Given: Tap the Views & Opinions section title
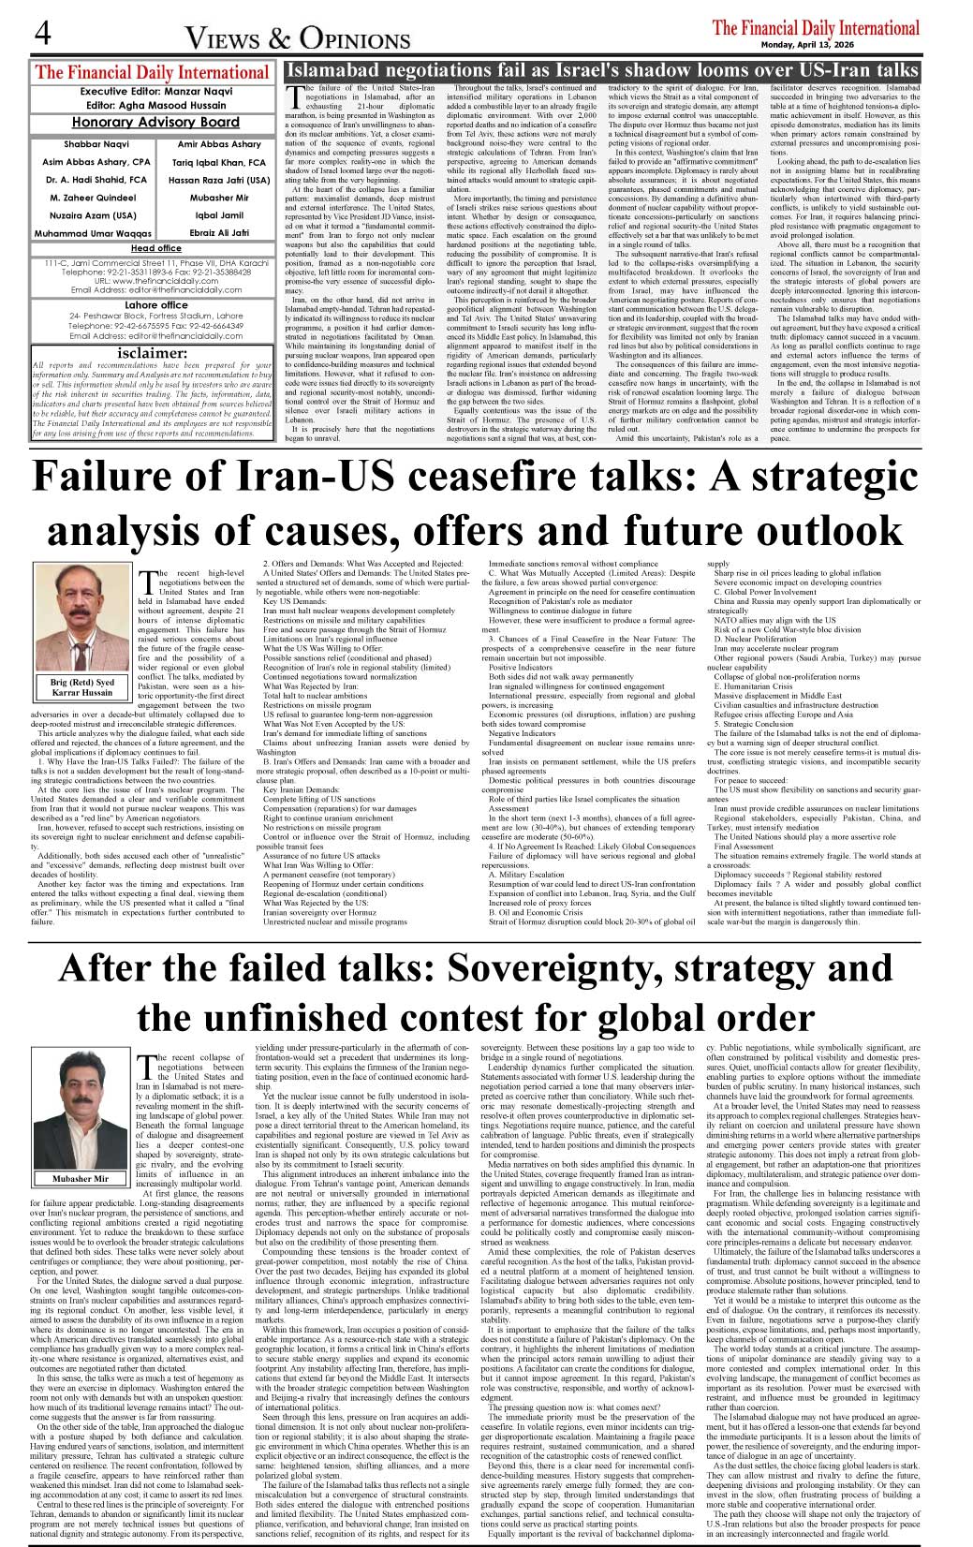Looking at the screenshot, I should tap(297, 38).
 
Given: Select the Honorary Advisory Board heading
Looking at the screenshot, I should tap(155, 123).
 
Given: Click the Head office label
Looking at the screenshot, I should tap(155, 248).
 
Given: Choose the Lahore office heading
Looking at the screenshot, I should tap(155, 305).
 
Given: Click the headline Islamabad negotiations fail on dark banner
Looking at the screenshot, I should tap(601, 70).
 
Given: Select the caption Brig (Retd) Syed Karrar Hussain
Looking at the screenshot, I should tap(81, 687).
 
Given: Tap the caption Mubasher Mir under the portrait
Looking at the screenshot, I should tap(81, 1178).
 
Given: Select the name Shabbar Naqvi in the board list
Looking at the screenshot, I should tap(83, 144).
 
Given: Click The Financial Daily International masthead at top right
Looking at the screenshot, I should tap(816, 27).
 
